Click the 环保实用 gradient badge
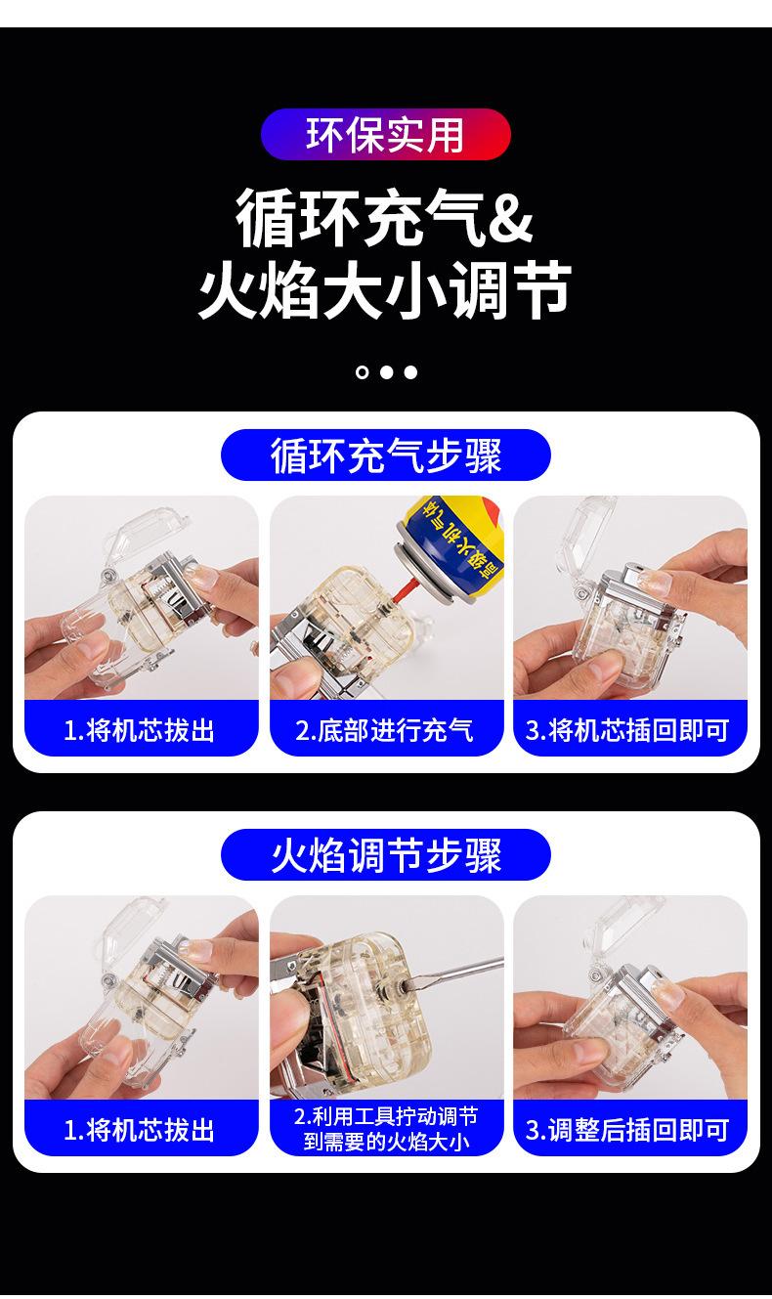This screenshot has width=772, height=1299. (x=385, y=134)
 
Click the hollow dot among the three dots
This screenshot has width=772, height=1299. (x=362, y=372)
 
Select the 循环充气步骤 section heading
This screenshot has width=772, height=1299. (x=385, y=455)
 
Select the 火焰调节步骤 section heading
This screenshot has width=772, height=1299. (x=385, y=855)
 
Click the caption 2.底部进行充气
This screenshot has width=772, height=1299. (x=384, y=730)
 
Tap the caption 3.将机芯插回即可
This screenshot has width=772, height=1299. (x=627, y=730)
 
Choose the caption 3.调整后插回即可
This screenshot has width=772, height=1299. (x=627, y=1130)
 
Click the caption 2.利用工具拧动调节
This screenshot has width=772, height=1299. (x=386, y=1116)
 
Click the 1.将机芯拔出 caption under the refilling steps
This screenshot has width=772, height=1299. (x=139, y=730)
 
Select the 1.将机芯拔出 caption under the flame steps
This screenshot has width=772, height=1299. (x=139, y=1130)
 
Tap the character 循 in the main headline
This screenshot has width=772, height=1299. (x=265, y=218)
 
